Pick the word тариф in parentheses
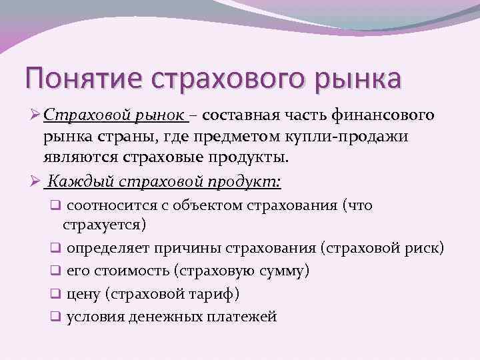[x=211, y=293]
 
